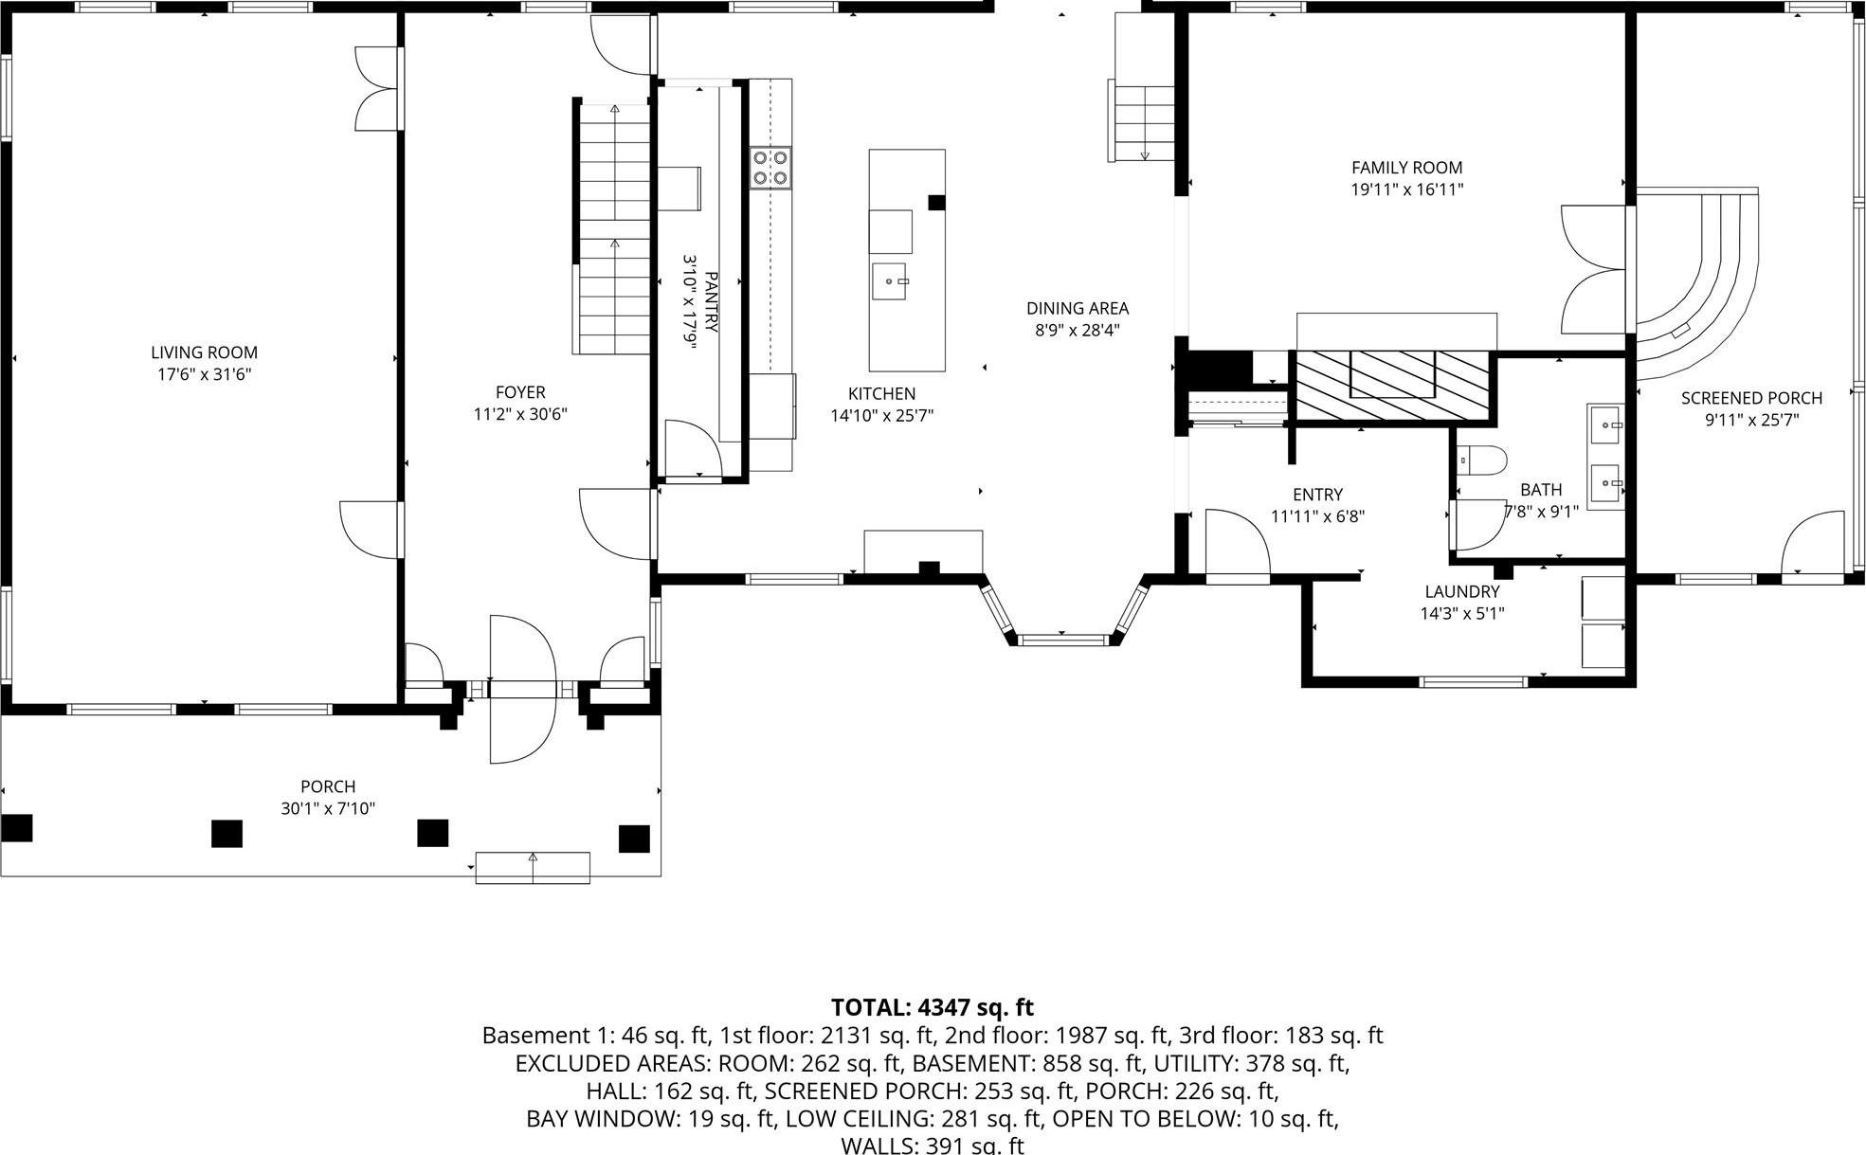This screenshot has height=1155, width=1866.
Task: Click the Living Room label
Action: click(x=204, y=352)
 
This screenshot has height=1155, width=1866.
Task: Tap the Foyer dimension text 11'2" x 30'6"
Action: click(x=520, y=414)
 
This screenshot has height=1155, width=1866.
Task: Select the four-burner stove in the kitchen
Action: click(x=770, y=169)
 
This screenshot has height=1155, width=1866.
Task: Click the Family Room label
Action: click(x=1406, y=168)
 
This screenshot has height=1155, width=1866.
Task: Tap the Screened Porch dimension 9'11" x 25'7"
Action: click(x=1751, y=420)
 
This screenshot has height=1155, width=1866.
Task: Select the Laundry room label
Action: click(x=1461, y=591)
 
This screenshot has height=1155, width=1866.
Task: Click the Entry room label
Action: click(x=1317, y=494)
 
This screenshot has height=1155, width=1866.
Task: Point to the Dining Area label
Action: click(x=1078, y=308)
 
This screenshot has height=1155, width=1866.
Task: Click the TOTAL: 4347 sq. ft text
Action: click(x=932, y=1006)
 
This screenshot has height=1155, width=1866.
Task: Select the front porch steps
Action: click(x=532, y=868)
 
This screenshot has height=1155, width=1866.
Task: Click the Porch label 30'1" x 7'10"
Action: click(x=328, y=797)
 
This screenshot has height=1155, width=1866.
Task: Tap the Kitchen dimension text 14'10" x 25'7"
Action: click(x=881, y=415)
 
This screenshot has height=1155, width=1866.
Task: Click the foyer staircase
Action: click(x=614, y=227)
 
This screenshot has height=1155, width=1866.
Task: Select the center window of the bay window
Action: click(x=1063, y=640)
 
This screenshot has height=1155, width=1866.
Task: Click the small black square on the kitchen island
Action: click(x=936, y=202)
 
